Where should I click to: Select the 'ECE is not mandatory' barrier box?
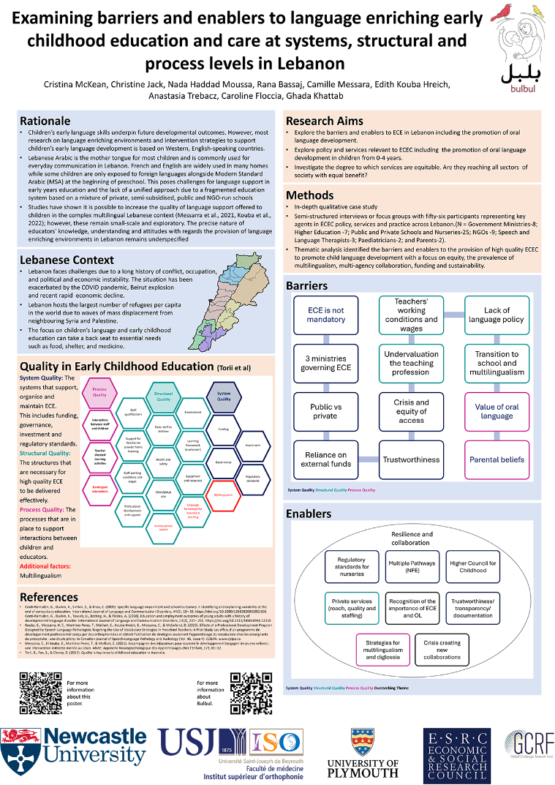(x=326, y=315)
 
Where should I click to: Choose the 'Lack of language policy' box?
(x=497, y=315)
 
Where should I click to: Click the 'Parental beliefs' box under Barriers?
(x=497, y=459)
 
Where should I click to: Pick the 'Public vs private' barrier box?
(x=326, y=411)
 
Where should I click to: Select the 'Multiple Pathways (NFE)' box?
(x=412, y=567)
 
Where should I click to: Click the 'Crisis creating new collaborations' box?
(x=442, y=650)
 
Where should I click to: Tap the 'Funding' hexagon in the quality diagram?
(x=224, y=429)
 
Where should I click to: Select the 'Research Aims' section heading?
(x=325, y=120)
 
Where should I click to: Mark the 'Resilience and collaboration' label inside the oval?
(x=412, y=538)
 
